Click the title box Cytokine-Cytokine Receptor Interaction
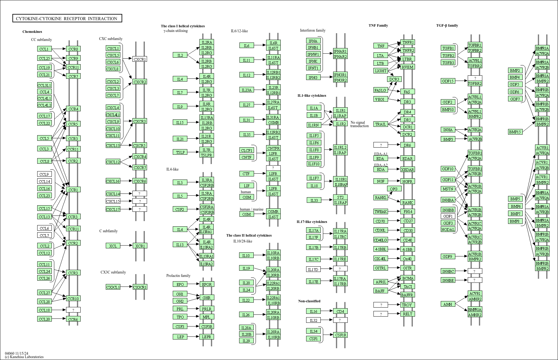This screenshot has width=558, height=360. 67,19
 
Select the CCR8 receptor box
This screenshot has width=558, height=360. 73,49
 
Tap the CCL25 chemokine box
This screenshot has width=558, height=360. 44,58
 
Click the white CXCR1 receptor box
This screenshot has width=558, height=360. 140,59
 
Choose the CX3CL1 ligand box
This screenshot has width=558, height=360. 113,287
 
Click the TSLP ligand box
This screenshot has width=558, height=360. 180,152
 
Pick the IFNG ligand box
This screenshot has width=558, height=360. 313,78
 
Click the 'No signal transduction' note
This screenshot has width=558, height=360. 359,124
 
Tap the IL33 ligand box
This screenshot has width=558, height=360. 314,200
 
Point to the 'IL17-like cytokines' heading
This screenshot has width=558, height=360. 312,222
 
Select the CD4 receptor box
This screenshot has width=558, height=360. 340,311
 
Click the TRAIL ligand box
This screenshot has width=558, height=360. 381,124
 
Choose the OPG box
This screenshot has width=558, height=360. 394,189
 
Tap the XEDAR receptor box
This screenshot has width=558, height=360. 408,170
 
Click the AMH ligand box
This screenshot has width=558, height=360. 448,304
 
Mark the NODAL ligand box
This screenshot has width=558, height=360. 448,229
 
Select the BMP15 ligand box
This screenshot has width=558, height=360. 515,132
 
